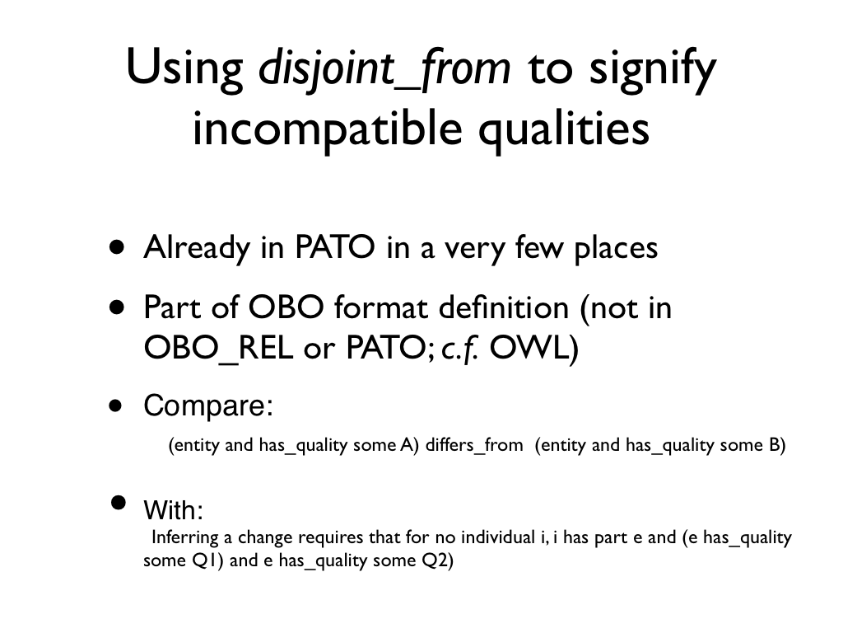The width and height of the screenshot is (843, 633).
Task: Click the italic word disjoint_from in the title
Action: pyautogui.click(x=384, y=69)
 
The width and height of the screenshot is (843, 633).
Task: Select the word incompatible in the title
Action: pyautogui.click(x=328, y=129)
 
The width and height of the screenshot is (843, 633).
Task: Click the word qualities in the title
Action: pyautogui.click(x=564, y=129)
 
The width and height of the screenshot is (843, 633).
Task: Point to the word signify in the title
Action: pyautogui.click(x=653, y=70)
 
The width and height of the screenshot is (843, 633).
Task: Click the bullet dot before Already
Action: pyautogui.click(x=117, y=247)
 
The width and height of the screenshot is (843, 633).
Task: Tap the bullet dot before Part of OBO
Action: pyautogui.click(x=117, y=308)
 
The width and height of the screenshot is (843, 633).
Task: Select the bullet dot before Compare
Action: pyautogui.click(x=115, y=405)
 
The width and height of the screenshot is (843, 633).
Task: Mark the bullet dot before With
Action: pyautogui.click(x=119, y=502)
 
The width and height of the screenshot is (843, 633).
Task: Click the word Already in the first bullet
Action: pyautogui.click(x=197, y=249)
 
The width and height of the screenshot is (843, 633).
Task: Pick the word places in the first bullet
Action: pyautogui.click(x=616, y=249)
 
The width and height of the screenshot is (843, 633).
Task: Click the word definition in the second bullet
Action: pyautogui.click(x=504, y=308)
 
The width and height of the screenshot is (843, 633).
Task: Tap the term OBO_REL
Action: pyautogui.click(x=219, y=349)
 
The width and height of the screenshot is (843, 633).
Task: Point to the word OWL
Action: pyautogui.click(x=533, y=349)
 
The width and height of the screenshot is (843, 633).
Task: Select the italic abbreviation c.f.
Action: pyautogui.click(x=459, y=349)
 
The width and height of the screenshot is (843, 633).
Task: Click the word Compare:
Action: pyautogui.click(x=208, y=406)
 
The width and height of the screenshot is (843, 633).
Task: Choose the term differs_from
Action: pyautogui.click(x=474, y=444)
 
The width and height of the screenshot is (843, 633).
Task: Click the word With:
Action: pyautogui.click(x=173, y=509)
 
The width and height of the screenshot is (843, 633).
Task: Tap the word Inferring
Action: pyautogui.click(x=185, y=537)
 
